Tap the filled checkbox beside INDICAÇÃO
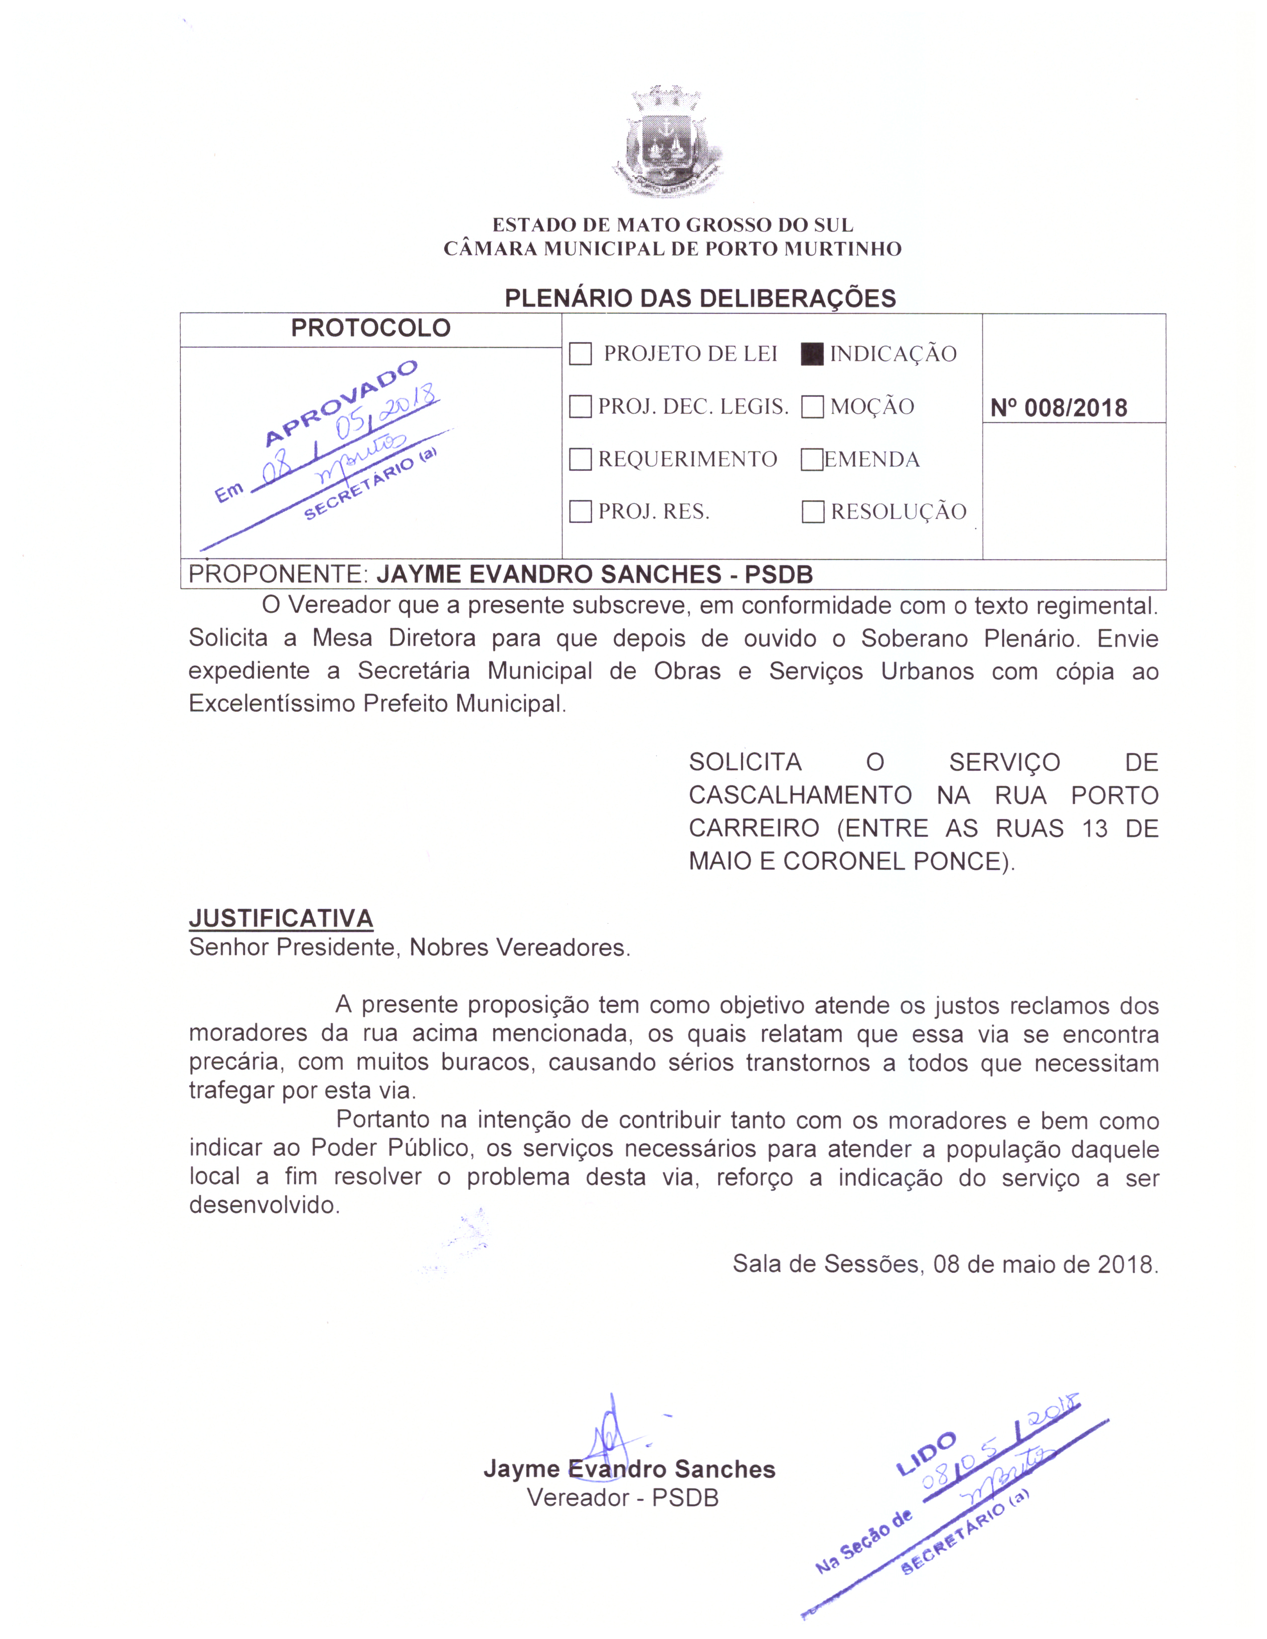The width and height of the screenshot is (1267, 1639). coord(811,354)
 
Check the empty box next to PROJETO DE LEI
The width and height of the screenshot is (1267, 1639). coord(580,354)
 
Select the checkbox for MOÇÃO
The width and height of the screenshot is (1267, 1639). coord(812,407)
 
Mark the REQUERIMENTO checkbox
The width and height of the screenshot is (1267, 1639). coord(580,459)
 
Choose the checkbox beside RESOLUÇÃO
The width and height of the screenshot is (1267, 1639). coord(812,512)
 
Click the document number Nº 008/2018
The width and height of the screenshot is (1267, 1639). coord(1058,408)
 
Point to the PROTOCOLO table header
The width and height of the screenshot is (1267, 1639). coord(370,328)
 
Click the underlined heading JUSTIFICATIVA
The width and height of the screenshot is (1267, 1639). coord(281,918)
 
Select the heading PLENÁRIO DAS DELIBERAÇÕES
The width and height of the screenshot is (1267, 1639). coord(700,298)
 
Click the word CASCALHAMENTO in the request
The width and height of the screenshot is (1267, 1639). coord(800,796)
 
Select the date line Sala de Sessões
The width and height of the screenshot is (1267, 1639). coord(945,1265)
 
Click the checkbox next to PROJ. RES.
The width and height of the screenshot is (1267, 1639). coord(580,512)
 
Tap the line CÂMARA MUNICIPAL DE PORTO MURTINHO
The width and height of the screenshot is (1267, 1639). coord(673,249)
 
